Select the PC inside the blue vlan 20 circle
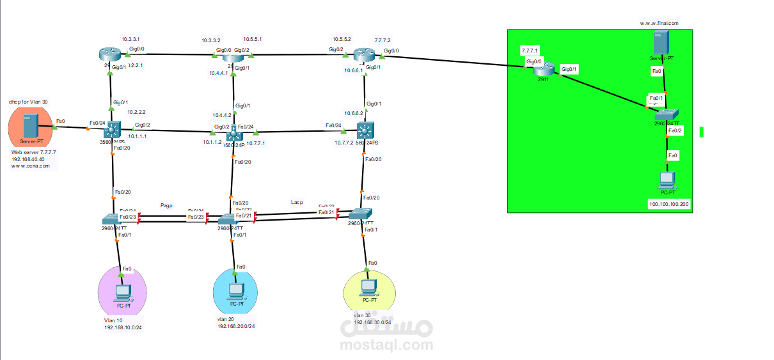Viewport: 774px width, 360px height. [x=236, y=291]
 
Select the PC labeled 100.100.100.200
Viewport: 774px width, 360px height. [x=668, y=180]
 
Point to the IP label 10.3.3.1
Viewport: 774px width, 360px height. [x=130, y=39]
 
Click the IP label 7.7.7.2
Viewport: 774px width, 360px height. [x=382, y=39]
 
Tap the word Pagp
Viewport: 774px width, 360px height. [x=167, y=205]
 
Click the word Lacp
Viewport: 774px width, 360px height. [x=297, y=202]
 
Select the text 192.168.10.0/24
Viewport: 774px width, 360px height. [x=123, y=327]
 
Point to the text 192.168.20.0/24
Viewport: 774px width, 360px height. [x=236, y=326]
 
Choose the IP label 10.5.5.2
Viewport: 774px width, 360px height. [x=342, y=39]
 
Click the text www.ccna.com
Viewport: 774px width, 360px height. [x=30, y=166]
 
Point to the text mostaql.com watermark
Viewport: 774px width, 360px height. [x=386, y=345]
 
